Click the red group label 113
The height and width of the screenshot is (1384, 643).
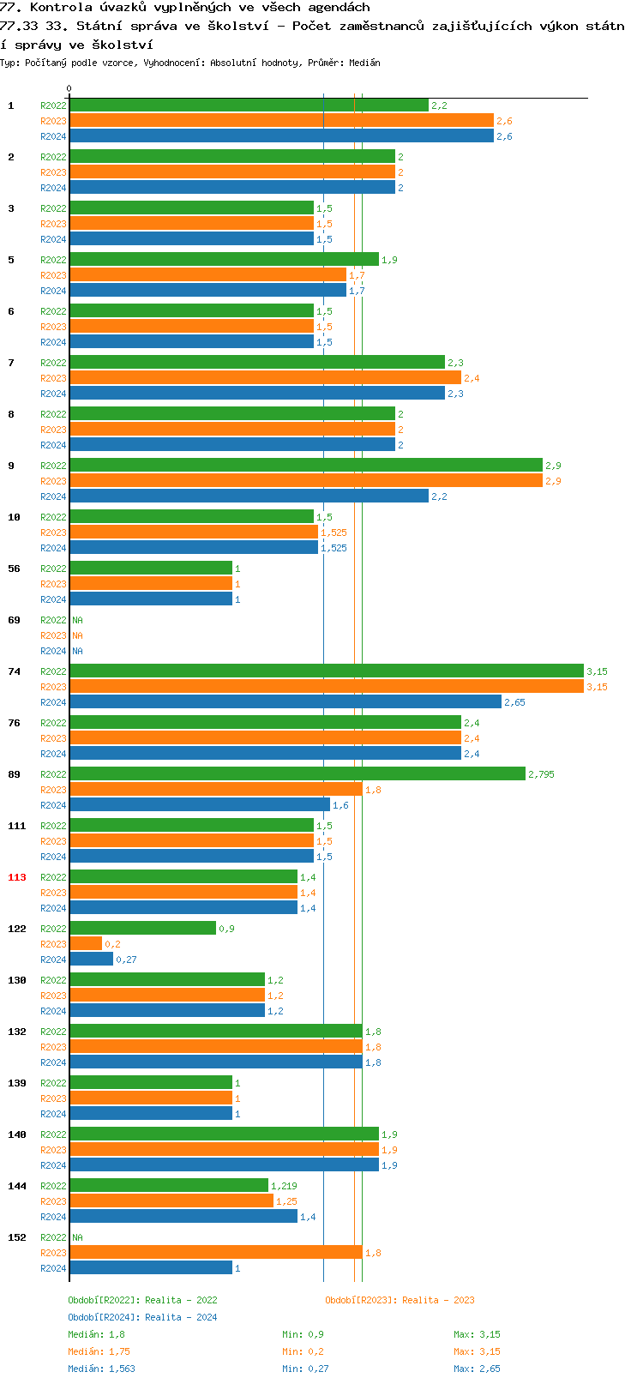(x=17, y=877)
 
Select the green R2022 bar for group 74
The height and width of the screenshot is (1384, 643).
(x=326, y=671)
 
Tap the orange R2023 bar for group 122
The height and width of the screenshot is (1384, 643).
(x=86, y=944)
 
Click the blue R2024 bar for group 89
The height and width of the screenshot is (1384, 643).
(x=199, y=805)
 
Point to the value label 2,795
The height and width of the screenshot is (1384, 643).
(x=541, y=774)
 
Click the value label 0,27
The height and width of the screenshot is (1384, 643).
(x=126, y=960)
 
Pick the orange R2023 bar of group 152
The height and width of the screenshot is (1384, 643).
(x=215, y=1253)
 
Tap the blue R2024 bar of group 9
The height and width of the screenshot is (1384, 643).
(x=249, y=496)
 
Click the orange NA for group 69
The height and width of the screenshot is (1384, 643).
(x=77, y=635)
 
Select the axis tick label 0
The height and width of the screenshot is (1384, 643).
(x=69, y=88)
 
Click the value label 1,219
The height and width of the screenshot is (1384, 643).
(x=284, y=1186)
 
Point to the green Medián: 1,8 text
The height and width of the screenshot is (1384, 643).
(x=96, y=1334)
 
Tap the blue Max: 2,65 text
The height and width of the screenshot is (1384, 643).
(x=477, y=1369)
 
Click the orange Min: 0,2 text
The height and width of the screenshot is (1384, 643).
(x=304, y=1351)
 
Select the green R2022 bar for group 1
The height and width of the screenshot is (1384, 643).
(x=249, y=105)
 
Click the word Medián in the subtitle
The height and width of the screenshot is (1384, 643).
(x=366, y=63)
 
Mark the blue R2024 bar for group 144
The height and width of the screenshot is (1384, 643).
(x=183, y=1217)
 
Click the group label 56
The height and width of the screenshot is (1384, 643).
(x=14, y=569)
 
